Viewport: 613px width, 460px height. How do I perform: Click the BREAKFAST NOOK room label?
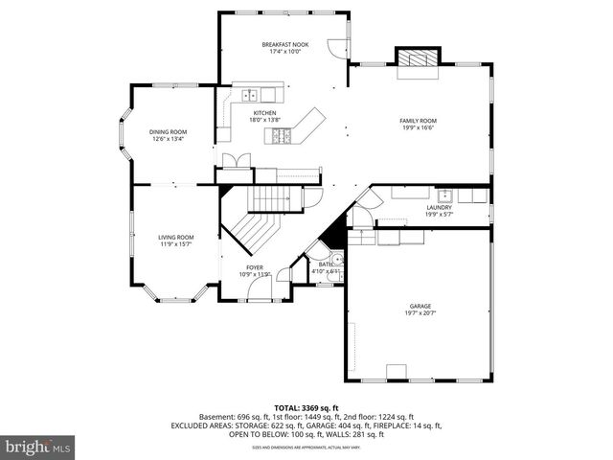tap(285, 45)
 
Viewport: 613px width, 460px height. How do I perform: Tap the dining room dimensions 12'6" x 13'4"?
tap(168, 139)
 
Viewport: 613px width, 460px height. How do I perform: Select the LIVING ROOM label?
tap(176, 237)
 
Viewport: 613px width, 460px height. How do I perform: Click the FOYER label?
tap(255, 267)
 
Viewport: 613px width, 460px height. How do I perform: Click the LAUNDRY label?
tap(440, 207)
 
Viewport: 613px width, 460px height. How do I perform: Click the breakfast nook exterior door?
tap(335, 48)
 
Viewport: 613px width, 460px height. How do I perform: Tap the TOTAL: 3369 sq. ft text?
tap(306, 407)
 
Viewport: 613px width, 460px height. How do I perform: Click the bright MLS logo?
tap(38, 447)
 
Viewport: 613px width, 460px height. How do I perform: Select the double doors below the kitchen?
tap(229, 161)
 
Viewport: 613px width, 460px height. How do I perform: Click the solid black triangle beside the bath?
tap(334, 233)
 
